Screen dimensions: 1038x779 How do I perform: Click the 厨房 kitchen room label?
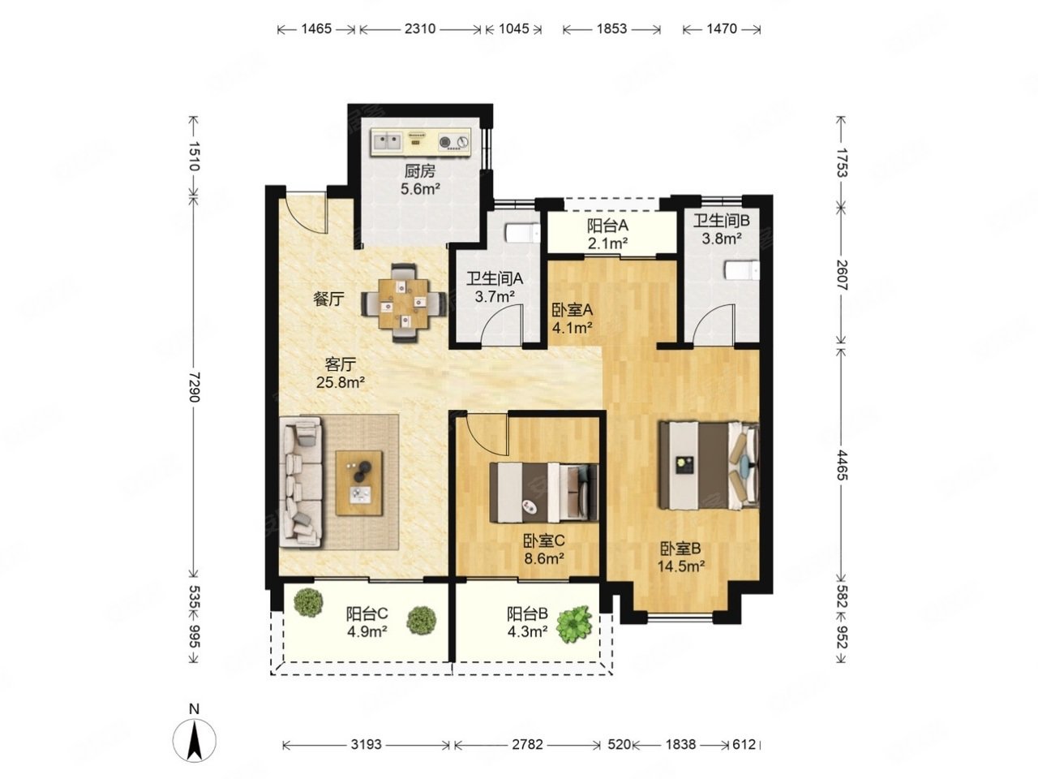coord(419,170)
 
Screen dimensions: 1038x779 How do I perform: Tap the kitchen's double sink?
coord(387,140)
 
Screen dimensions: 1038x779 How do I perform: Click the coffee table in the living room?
coord(358,483)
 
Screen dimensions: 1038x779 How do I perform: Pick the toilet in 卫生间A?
coord(521,233)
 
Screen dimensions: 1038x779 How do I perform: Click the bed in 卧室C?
coord(544,492)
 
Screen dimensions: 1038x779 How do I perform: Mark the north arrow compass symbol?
coord(195,741)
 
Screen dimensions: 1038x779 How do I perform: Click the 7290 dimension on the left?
coord(194,387)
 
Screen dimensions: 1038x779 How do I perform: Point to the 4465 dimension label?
coord(841,466)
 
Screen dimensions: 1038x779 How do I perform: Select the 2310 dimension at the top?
coord(419,29)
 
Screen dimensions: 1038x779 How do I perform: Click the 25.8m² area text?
coord(340,382)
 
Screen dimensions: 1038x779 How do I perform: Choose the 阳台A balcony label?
coord(607,226)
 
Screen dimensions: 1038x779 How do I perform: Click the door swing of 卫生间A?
coord(502,324)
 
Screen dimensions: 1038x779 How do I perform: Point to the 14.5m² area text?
coord(681,566)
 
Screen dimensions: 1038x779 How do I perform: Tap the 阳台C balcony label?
coord(367,614)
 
